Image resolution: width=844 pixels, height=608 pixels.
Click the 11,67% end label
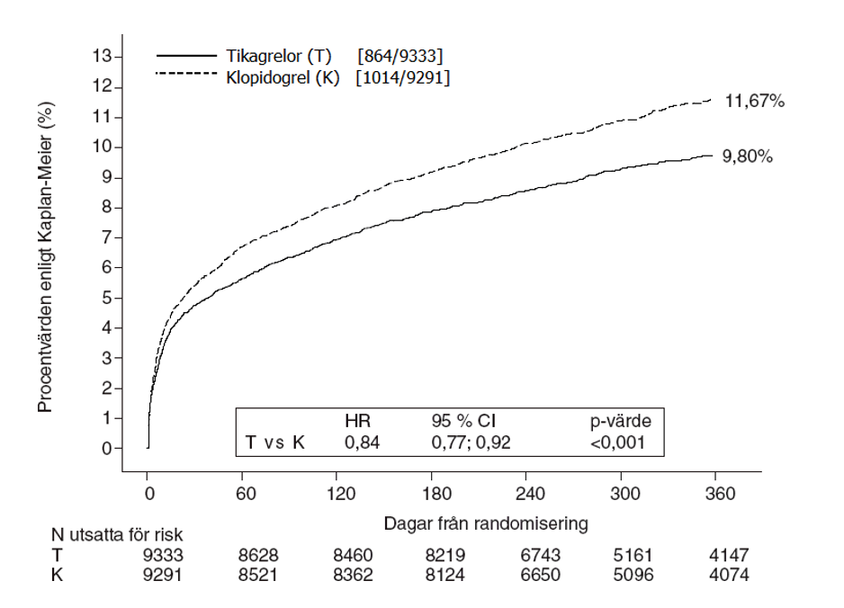point(756,103)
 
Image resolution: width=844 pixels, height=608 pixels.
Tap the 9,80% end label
point(748,156)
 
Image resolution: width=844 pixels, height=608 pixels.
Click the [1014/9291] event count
point(402,78)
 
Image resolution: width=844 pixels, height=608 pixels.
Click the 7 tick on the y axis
point(107,237)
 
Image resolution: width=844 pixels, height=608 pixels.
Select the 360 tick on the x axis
point(716,494)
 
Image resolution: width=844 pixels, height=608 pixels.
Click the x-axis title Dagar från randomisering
point(487,523)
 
